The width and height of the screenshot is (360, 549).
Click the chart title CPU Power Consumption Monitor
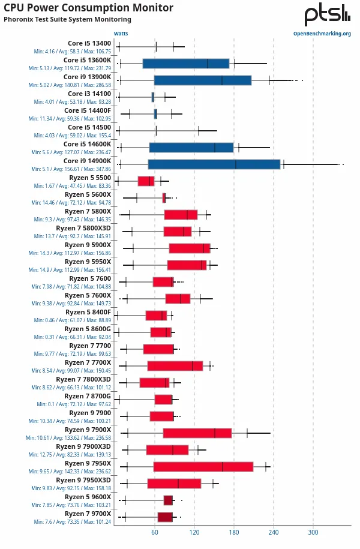click(x=88, y=8)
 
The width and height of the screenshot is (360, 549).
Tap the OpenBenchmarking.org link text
click(x=322, y=34)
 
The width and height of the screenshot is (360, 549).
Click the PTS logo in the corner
click(x=327, y=15)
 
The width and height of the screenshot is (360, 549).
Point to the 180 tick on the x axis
click(x=234, y=532)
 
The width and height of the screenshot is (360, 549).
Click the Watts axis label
click(x=121, y=34)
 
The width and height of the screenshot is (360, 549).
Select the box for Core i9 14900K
click(x=214, y=164)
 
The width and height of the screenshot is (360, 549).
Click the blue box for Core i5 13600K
click(x=186, y=64)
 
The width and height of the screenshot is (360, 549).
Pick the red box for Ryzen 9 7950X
click(x=203, y=467)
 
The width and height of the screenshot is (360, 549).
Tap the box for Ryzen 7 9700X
click(x=165, y=517)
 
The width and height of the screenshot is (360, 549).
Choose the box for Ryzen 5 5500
click(x=146, y=181)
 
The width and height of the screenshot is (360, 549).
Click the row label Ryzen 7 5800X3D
click(x=83, y=228)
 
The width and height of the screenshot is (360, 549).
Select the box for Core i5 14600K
click(x=191, y=148)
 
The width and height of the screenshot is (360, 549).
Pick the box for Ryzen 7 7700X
click(x=175, y=366)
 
